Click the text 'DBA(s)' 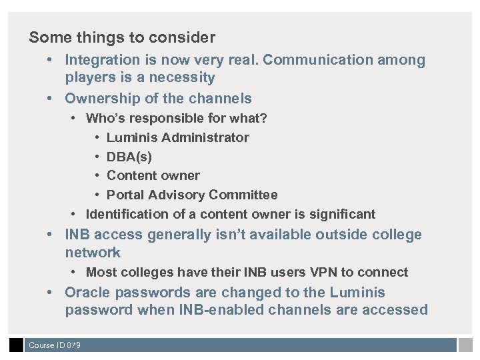point(129,157)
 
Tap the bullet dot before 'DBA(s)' point(97,157)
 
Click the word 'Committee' point(243,195)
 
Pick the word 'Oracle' point(89,293)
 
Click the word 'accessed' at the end point(398,310)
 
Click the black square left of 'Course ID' point(16,345)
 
